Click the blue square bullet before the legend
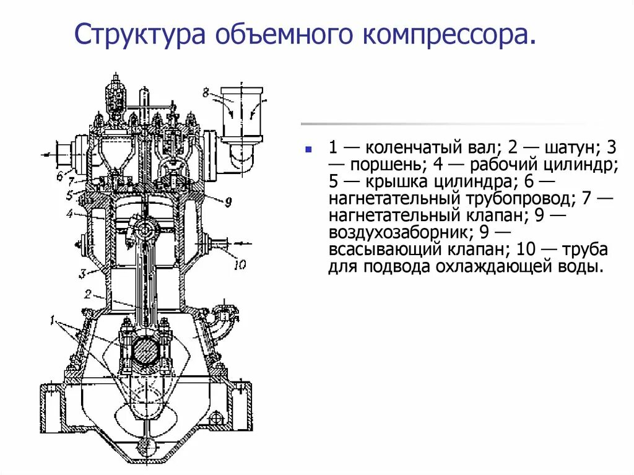tap(308, 149)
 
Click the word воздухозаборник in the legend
tap(399, 233)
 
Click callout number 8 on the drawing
tap(206, 94)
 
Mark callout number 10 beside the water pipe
tap(239, 265)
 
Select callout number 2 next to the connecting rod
tap(88, 294)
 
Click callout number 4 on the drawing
tap(71, 215)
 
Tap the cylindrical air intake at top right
tap(242, 111)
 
